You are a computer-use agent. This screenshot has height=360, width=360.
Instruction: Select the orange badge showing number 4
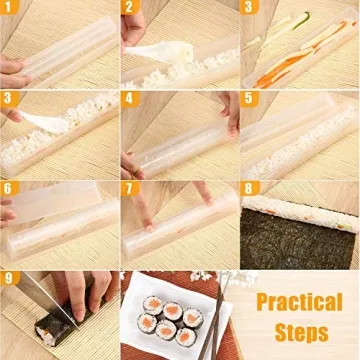[x=129, y=99]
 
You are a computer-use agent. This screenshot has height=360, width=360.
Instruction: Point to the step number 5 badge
[x=249, y=99]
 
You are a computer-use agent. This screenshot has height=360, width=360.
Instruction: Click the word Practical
[x=299, y=301]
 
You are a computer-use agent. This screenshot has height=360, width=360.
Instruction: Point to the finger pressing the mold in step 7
[x=147, y=210]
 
